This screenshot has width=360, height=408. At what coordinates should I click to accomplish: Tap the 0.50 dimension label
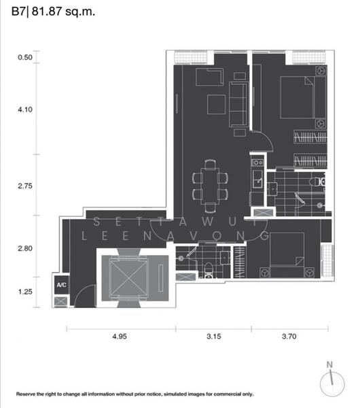pos(25,58)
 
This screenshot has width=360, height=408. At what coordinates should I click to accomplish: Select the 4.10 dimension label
pos(25,109)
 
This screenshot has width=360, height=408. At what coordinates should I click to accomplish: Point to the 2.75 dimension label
pos(25,186)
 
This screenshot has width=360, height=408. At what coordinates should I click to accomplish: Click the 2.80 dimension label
pos(25,249)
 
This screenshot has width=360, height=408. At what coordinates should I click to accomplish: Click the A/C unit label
pos(61,285)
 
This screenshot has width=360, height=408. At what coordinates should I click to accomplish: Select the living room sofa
pos(239,104)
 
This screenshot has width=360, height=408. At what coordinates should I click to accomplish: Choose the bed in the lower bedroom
pos(290,254)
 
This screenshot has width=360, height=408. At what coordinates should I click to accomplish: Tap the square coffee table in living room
pos(217,104)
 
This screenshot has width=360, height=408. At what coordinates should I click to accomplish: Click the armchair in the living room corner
pos(206,77)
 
